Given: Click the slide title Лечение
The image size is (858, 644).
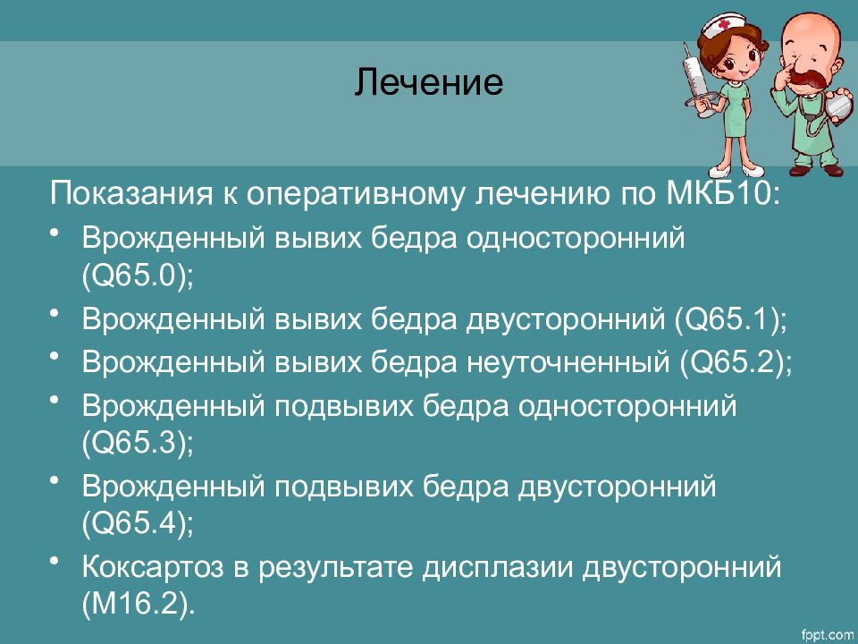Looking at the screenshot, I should (429, 85).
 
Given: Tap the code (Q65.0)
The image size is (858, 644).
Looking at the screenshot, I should (137, 276).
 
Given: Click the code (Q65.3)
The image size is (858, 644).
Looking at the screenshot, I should (137, 442).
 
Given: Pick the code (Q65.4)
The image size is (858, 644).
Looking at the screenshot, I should (137, 521).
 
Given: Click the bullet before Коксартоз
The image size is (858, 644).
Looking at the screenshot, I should (56, 561).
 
